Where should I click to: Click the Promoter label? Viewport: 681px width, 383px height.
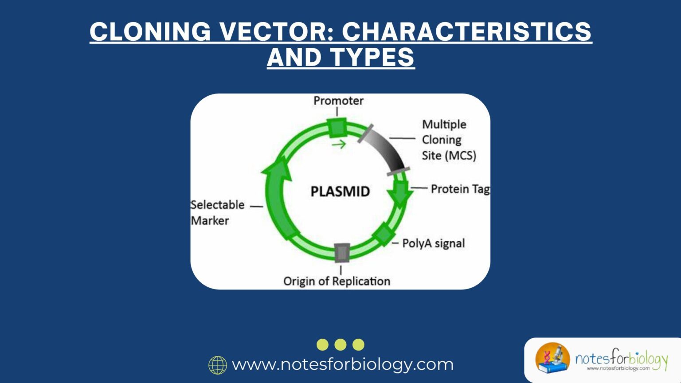[x=338, y=101]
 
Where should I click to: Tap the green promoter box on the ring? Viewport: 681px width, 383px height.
[x=337, y=128]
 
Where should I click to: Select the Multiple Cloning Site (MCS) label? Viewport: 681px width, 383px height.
[x=448, y=140]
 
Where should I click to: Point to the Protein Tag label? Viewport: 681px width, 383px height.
[x=460, y=189]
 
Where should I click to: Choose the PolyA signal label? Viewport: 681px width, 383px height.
[x=433, y=243]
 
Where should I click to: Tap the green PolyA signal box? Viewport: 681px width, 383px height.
[x=383, y=233]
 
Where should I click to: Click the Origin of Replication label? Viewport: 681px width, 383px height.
[x=337, y=281]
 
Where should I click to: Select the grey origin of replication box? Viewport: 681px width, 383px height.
[x=342, y=253]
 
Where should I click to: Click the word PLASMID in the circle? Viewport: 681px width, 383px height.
[x=340, y=191]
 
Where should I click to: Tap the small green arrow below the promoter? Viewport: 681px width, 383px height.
[x=339, y=144]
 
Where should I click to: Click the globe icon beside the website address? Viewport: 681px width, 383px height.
[x=218, y=365]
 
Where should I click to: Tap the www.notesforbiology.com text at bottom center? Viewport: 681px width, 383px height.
[x=342, y=364]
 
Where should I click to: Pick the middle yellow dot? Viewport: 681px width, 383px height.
[x=340, y=344]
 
